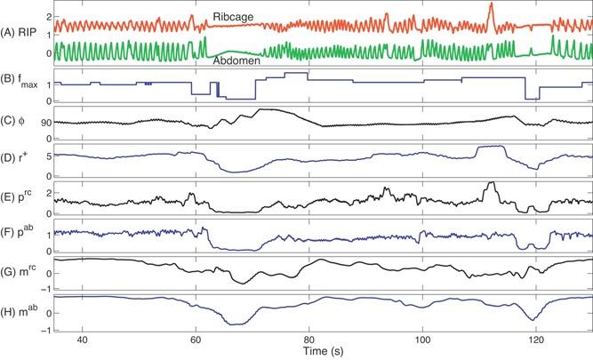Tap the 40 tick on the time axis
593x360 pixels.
(x=82, y=339)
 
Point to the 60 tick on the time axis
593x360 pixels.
(x=196, y=339)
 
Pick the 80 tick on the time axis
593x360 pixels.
(x=309, y=339)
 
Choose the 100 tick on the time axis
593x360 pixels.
(x=422, y=339)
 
